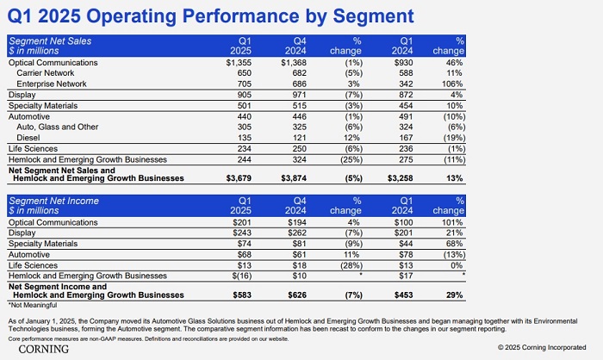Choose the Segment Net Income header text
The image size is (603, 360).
(53, 200)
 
